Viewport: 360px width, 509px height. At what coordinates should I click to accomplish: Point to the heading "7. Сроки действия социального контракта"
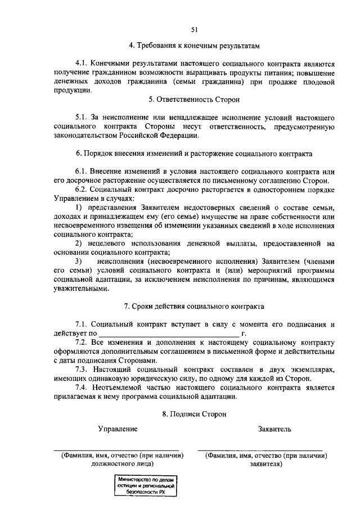tap(195, 306)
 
